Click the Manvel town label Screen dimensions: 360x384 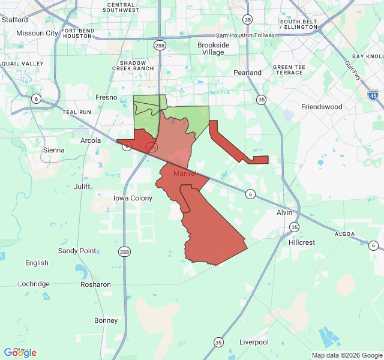coord(185,173)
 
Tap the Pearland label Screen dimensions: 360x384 coord(247,73)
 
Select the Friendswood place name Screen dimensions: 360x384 coord(321,107)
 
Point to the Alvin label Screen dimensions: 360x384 coord(284,212)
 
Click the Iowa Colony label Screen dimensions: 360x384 coord(133,198)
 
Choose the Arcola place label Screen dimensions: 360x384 coord(91,140)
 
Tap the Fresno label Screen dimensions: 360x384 coord(106,97)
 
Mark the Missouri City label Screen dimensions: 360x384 coord(37,33)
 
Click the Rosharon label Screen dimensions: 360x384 coord(95,284)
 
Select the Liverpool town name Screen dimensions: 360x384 coord(254,342)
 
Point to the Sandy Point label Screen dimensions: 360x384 coord(77,251)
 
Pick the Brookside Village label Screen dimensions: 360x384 coord(214,49)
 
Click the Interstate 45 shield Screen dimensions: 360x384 coord(373,94)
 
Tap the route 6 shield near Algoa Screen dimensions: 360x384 coord(373,245)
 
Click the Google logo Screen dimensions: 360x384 coord(20,353)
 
